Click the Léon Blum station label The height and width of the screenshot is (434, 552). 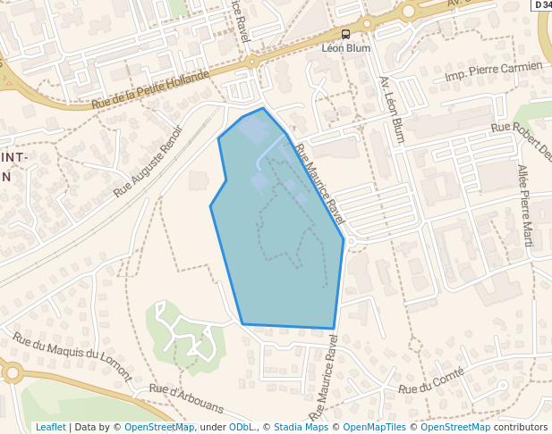pyautogui.click(x=345, y=48)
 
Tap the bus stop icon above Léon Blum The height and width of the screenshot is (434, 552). pyautogui.click(x=345, y=35)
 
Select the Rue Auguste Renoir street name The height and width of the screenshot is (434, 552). pyautogui.click(x=148, y=162)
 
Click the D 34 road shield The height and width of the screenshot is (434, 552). pyautogui.click(x=542, y=5)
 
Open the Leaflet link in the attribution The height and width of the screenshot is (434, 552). pyautogui.click(x=50, y=428)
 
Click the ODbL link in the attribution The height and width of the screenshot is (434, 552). pyautogui.click(x=241, y=428)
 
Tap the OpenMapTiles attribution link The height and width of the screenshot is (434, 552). pyautogui.click(x=376, y=428)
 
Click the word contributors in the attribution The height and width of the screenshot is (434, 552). pyautogui.click(x=521, y=428)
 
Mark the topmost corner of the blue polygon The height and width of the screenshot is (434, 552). pyautogui.click(x=263, y=109)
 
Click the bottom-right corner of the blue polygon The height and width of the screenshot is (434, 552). pyautogui.click(x=334, y=329)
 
